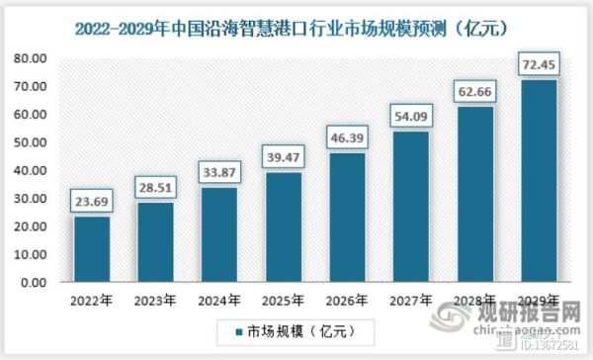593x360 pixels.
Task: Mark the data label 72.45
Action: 539,66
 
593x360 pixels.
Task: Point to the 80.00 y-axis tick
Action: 30,58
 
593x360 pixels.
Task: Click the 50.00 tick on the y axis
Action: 30,142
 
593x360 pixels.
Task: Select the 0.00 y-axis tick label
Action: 33,283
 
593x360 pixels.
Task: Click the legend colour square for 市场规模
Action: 238,329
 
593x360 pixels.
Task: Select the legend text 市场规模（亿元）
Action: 297,329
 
